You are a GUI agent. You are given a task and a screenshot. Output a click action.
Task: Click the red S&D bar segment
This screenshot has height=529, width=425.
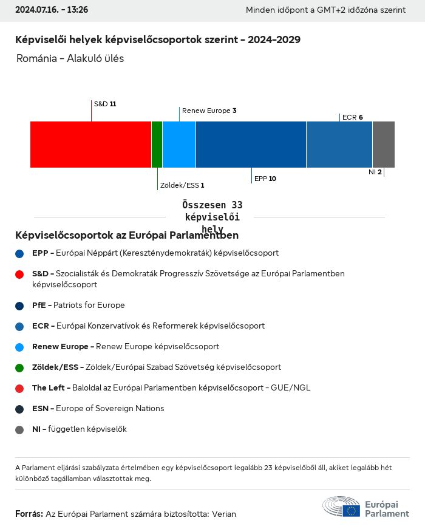(x=90, y=145)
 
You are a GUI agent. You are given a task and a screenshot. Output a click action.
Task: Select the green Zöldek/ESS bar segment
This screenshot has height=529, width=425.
(x=157, y=145)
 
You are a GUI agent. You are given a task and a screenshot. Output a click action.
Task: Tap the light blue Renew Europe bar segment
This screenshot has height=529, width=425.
(x=179, y=145)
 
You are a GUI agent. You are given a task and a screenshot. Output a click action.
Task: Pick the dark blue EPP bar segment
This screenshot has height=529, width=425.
(x=251, y=145)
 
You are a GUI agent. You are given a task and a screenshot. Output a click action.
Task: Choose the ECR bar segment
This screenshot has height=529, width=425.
(x=339, y=145)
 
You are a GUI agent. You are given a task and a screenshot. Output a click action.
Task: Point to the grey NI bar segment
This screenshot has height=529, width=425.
(x=383, y=145)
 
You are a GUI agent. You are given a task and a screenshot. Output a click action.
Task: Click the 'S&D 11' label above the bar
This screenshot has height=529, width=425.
(x=104, y=104)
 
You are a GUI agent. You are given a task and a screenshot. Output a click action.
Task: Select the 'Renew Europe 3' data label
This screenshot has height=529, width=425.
(x=209, y=111)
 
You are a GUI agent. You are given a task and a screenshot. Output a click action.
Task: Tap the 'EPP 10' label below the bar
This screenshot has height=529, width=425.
(x=265, y=179)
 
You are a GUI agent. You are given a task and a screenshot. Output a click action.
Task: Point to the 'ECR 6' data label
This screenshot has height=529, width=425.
(x=352, y=117)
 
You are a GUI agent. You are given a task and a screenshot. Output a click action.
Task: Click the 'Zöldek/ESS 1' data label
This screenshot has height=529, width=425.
(x=182, y=185)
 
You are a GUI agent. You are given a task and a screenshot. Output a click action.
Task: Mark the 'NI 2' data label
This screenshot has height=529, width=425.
(x=375, y=172)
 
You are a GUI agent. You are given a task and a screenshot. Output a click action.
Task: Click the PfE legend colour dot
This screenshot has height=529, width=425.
(x=20, y=305)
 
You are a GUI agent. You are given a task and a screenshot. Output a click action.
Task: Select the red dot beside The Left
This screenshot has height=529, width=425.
(x=20, y=388)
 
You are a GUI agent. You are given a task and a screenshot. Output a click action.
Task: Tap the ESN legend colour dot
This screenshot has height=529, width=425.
(x=20, y=409)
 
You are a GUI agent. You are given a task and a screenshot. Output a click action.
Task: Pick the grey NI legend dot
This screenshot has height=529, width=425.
(x=20, y=429)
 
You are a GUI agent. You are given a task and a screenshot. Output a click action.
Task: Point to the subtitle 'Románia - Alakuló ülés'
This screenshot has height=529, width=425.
(x=70, y=59)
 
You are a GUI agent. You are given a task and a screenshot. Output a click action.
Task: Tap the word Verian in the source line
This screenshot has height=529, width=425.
(x=223, y=514)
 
